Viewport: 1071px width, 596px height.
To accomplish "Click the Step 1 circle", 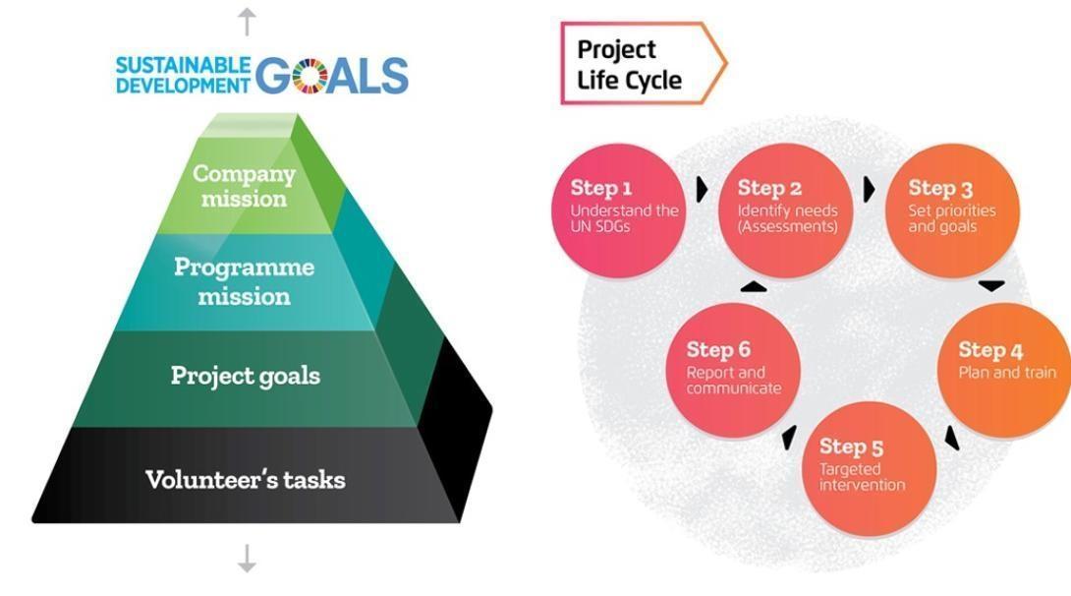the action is coord(618,210).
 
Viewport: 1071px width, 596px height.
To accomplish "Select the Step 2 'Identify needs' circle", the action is coord(785,210).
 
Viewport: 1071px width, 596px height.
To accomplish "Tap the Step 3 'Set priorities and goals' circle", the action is coord(952,210).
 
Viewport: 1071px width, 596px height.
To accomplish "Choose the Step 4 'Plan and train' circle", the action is coord(1004,371).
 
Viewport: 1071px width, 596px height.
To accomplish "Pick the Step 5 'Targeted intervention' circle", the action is coord(869,469).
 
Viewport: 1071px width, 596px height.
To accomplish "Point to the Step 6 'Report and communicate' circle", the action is coord(733,371).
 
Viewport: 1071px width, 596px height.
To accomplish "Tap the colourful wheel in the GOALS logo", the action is coord(310,75).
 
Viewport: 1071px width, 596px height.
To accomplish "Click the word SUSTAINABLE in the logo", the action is coord(183,65).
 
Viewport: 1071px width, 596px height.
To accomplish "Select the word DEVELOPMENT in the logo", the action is coord(183,86).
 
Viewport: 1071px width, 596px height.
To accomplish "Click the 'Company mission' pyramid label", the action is coord(244,186).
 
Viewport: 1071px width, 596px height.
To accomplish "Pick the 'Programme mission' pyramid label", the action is coord(244,281).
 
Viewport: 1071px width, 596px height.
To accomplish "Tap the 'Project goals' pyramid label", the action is coord(246,376).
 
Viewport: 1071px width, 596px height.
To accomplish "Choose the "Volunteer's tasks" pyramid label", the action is coord(246,479).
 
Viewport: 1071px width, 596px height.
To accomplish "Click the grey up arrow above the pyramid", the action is coord(247,22).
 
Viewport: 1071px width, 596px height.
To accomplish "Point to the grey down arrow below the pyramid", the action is coord(247,559).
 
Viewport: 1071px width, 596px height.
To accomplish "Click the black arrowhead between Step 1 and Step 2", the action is coord(702,190).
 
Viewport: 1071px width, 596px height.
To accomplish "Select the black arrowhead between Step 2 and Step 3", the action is coord(869,190).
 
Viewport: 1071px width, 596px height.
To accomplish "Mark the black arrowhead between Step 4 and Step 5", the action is coord(952,438).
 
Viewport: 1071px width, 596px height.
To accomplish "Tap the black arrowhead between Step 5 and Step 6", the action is coord(790,438).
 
